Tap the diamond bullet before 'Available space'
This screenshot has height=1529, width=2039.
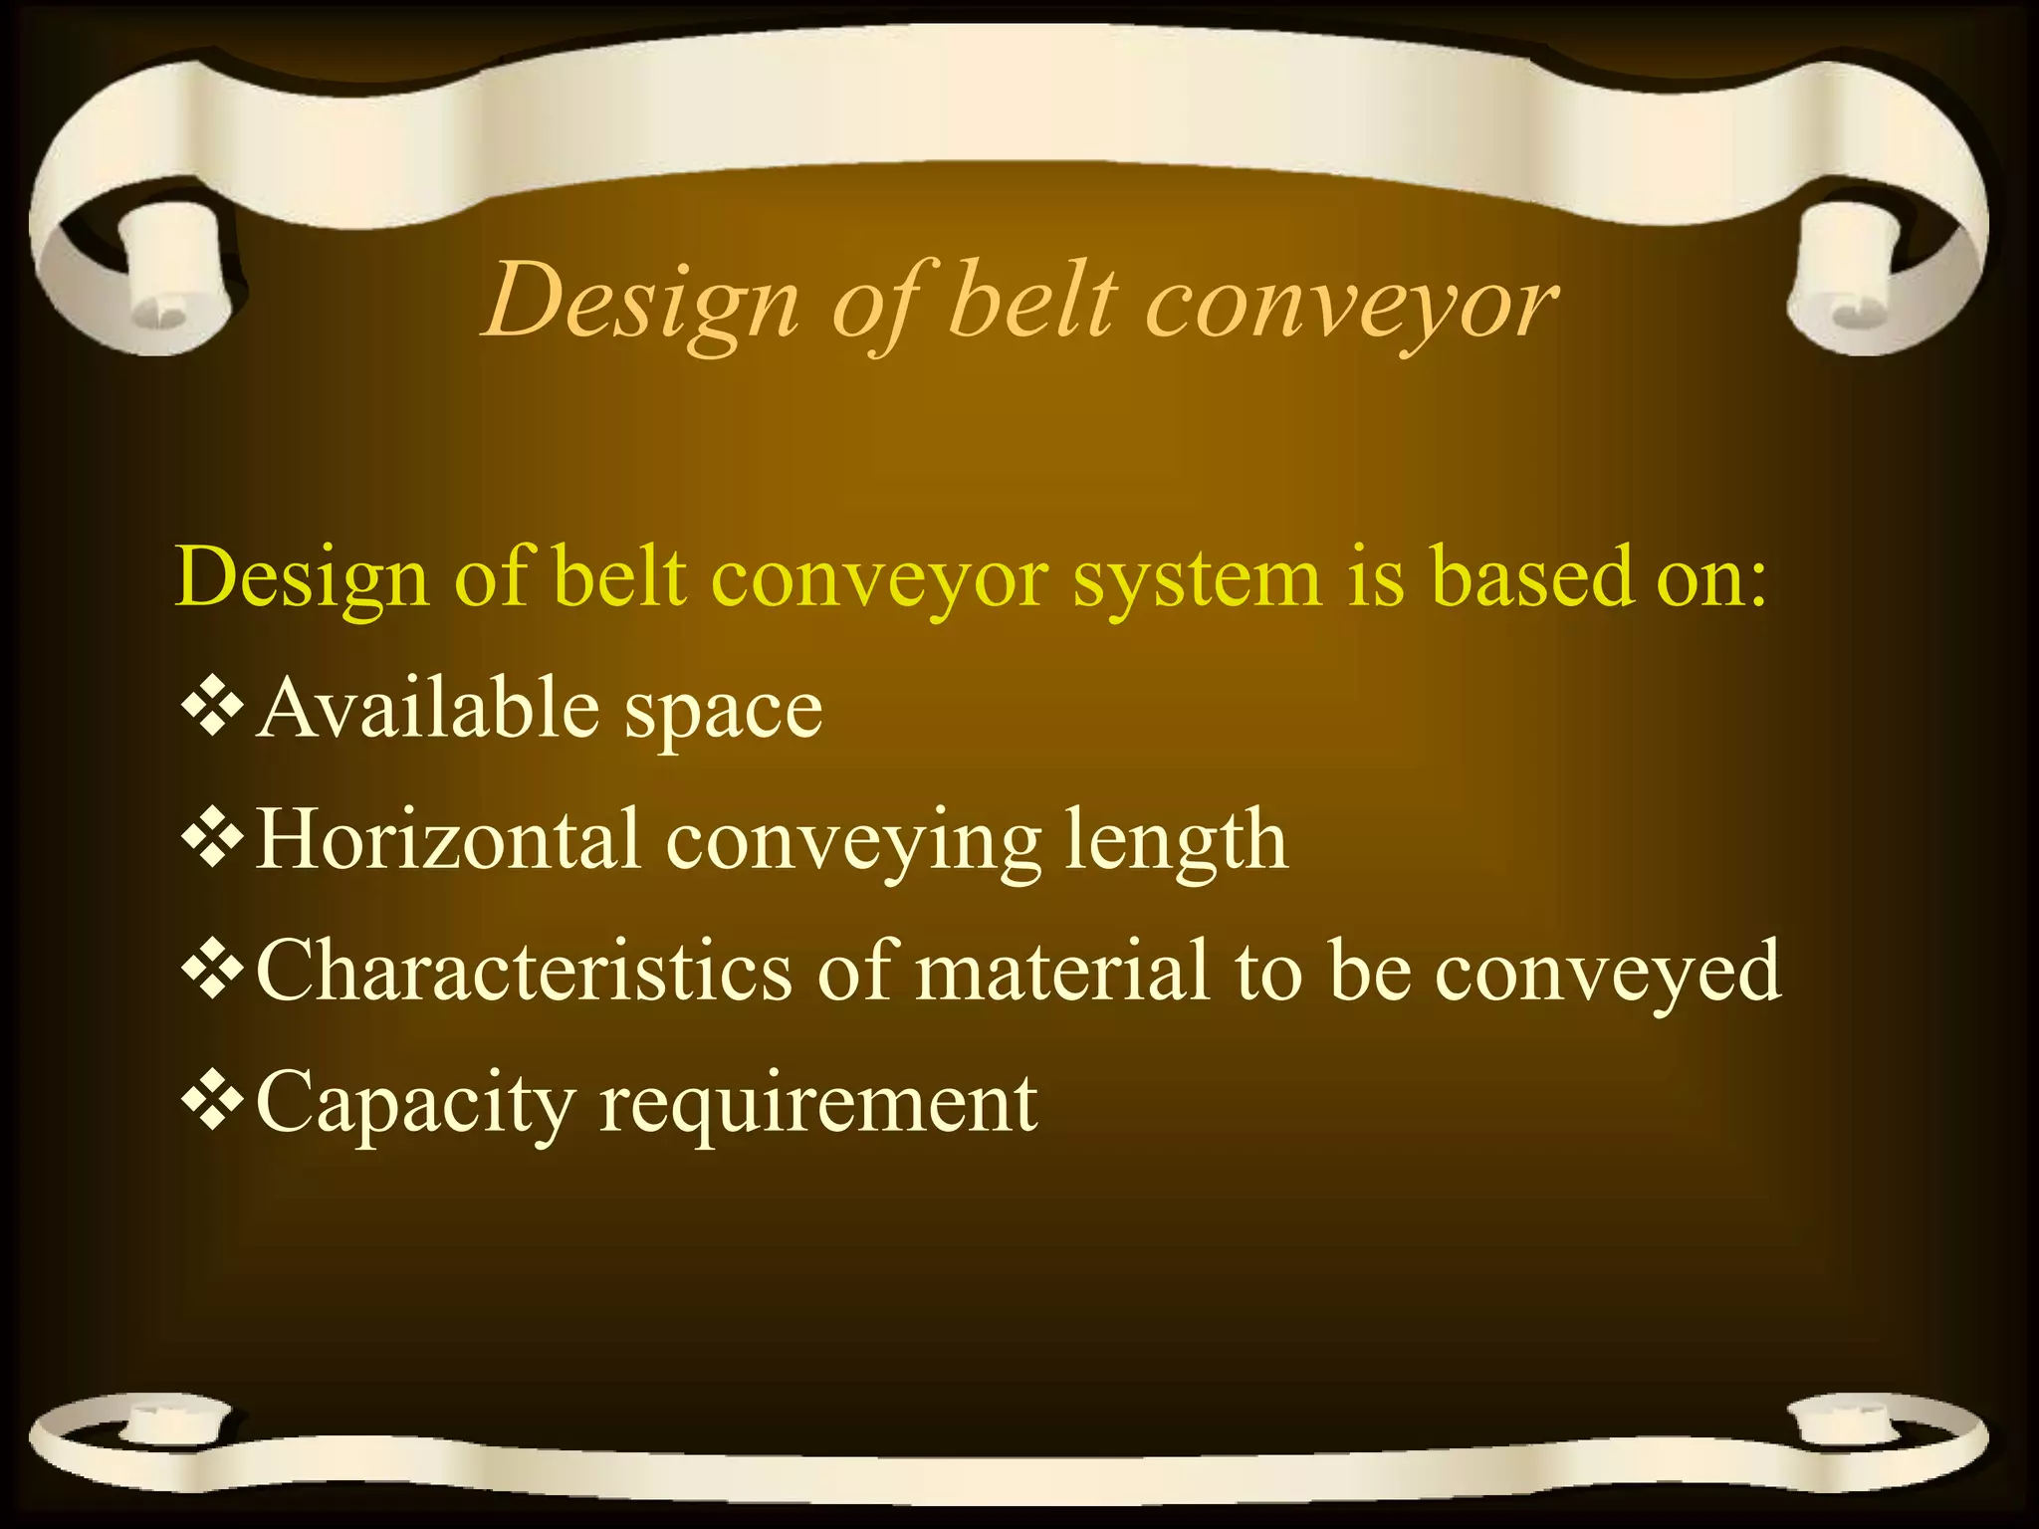[213, 708]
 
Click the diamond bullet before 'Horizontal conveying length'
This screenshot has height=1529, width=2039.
[213, 839]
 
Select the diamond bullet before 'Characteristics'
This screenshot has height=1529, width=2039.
[213, 971]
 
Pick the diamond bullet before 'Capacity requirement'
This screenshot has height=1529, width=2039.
[213, 1102]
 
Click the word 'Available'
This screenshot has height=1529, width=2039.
[428, 708]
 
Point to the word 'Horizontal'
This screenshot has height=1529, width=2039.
[448, 839]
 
